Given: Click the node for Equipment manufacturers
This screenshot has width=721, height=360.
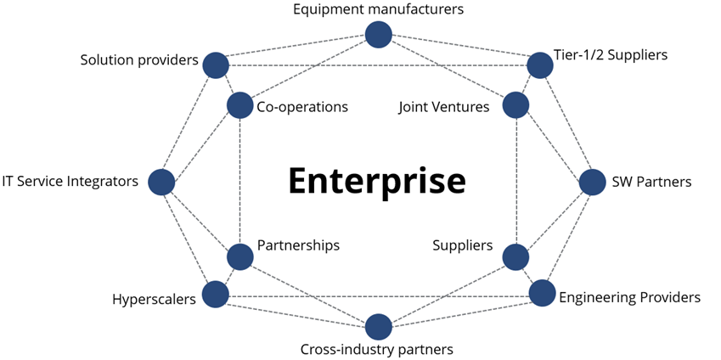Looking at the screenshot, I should pyautogui.click(x=378, y=35).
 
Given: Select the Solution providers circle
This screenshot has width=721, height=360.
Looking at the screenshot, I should pyautogui.click(x=216, y=65).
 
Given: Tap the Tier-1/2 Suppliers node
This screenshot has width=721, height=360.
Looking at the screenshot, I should pyautogui.click(x=540, y=65).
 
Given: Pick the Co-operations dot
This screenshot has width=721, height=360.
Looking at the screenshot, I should pyautogui.click(x=240, y=106).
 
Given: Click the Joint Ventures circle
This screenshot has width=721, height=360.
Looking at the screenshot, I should pyautogui.click(x=515, y=106).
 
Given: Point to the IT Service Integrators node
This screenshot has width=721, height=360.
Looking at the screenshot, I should pyautogui.click(x=161, y=182).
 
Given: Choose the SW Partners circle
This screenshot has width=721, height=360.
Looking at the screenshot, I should pyautogui.click(x=593, y=182).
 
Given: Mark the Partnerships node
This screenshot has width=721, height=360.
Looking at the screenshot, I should pyautogui.click(x=240, y=256).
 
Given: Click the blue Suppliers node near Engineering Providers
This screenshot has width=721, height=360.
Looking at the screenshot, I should pyautogui.click(x=515, y=256).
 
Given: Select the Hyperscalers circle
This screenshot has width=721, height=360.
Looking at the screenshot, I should pyautogui.click(x=216, y=295).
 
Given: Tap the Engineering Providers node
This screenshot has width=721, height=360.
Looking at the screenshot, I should pyautogui.click(x=542, y=294).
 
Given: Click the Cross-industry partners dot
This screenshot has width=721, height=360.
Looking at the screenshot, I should pyautogui.click(x=378, y=327).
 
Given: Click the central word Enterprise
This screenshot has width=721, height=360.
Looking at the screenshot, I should pyautogui.click(x=376, y=181).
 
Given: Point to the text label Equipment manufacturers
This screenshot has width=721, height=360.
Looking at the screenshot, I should pyautogui.click(x=378, y=10).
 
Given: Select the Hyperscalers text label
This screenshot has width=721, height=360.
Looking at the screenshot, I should pyautogui.click(x=154, y=299).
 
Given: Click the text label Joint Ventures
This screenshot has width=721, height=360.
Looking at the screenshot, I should pyautogui.click(x=444, y=107).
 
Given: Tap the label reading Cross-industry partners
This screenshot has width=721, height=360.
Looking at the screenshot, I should pyautogui.click(x=377, y=349).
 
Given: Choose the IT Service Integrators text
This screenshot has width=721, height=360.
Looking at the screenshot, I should pyautogui.click(x=70, y=181).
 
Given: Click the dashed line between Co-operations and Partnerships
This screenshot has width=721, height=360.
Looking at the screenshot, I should pyautogui.click(x=240, y=181).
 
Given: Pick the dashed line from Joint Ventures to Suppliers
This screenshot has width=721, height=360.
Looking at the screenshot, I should pyautogui.click(x=516, y=181).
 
